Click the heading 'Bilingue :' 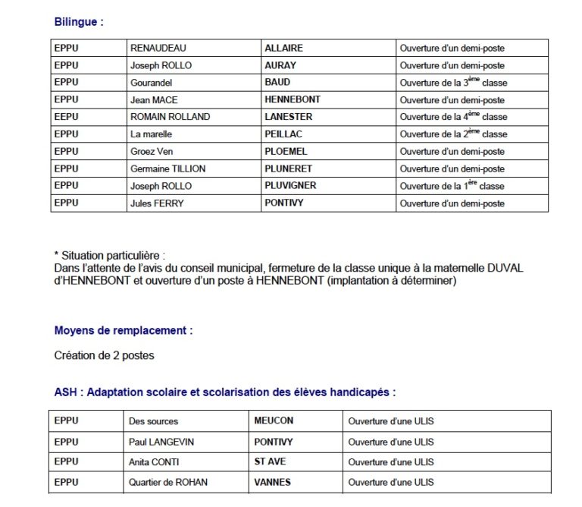78,22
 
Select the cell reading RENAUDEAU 158,48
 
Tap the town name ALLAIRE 283,48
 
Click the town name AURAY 280,65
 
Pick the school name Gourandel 152,82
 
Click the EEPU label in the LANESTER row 66,117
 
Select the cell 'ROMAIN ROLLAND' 170,117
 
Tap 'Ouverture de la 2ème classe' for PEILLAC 453,134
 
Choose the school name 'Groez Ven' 152,151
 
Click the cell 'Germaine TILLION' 167,168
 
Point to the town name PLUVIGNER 290,186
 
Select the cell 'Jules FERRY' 157,203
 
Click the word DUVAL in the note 506,269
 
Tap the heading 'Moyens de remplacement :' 123,331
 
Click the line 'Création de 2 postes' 105,355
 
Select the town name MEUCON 274,420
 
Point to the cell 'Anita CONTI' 157,461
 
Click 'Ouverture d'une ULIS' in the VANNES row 390,482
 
